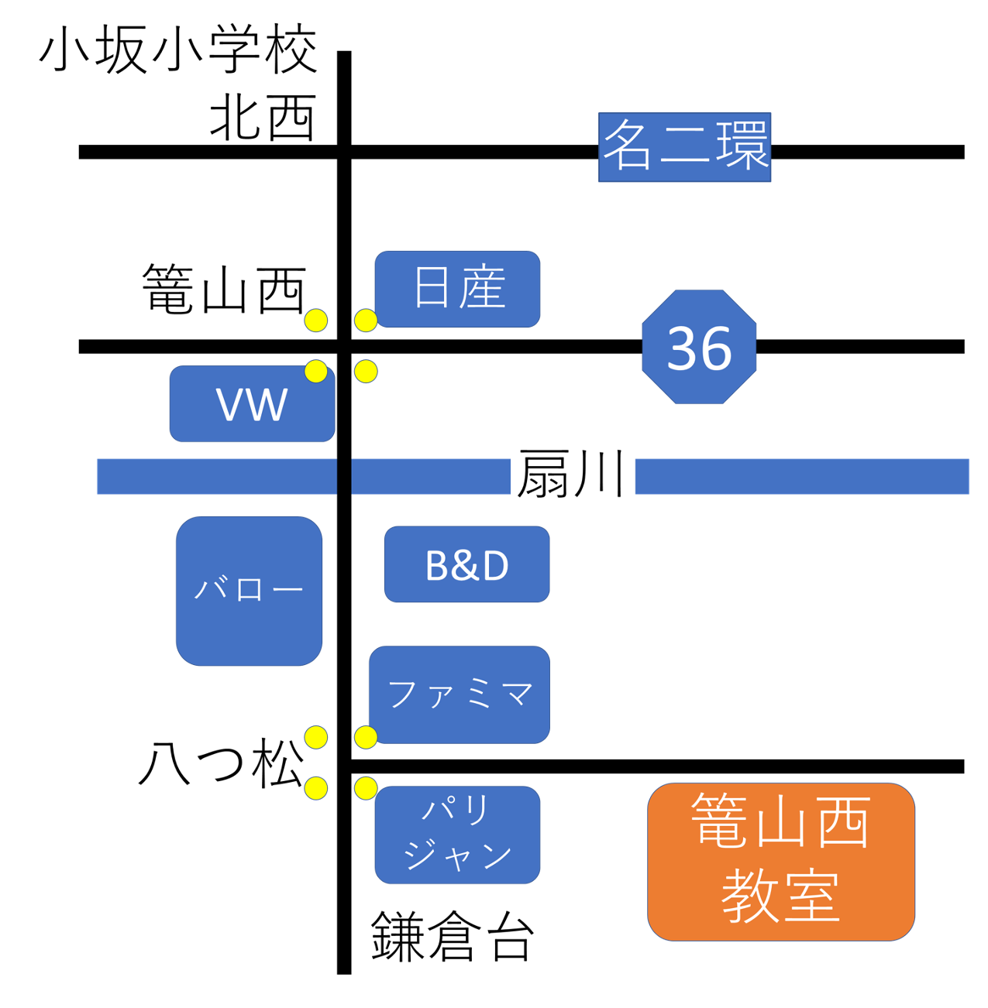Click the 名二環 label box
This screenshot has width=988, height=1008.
[x=684, y=147]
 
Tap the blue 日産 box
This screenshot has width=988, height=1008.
[x=457, y=289]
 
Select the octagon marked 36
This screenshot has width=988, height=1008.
[x=699, y=347]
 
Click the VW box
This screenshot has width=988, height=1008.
[x=252, y=404]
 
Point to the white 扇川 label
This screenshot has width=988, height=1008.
[x=573, y=475]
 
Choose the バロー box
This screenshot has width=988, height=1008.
[x=249, y=591]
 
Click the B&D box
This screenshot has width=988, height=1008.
[x=466, y=564]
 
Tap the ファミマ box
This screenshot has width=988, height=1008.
[x=460, y=694]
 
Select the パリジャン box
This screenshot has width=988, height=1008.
[x=457, y=835]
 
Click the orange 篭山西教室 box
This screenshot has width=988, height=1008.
[x=781, y=861]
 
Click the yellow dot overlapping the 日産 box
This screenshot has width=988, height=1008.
[x=366, y=320]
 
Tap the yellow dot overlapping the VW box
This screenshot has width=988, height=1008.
[x=316, y=372]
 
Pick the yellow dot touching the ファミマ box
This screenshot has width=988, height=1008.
[x=366, y=737]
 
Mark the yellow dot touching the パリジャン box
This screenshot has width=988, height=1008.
[x=366, y=788]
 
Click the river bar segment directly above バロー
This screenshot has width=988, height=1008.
[x=216, y=476]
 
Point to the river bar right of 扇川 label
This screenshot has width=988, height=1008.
[x=802, y=476]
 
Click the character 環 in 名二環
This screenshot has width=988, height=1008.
[x=742, y=146]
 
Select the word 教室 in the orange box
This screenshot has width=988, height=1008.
[x=780, y=896]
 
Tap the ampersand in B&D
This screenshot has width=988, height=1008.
[x=466, y=565]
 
